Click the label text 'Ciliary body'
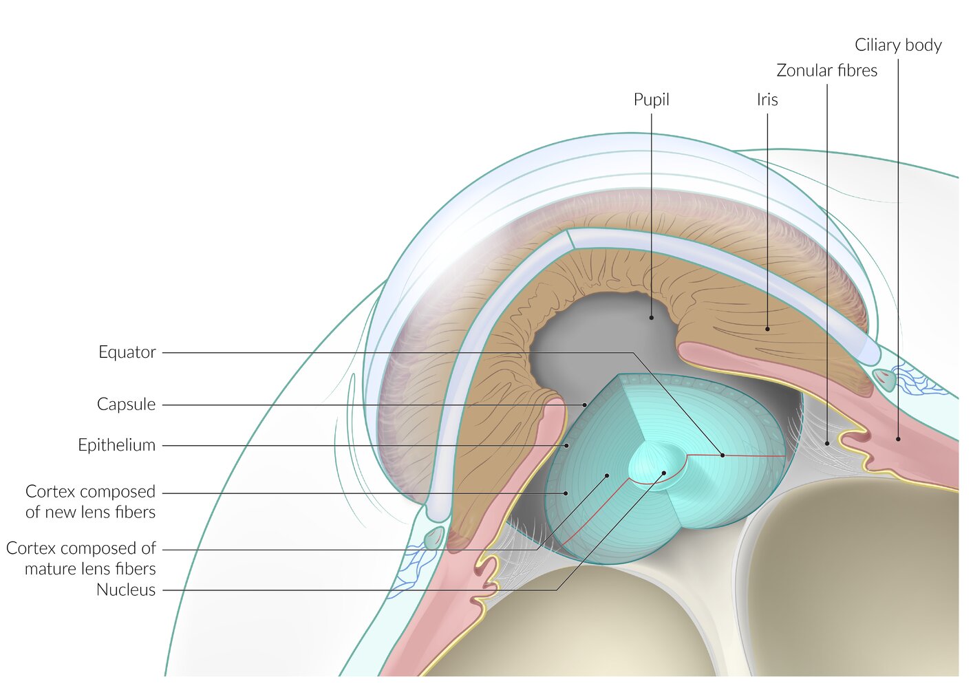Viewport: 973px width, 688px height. (x=898, y=45)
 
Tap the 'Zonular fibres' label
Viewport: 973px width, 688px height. (x=826, y=70)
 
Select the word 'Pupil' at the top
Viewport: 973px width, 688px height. (x=651, y=100)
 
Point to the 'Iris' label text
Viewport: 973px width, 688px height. (x=767, y=100)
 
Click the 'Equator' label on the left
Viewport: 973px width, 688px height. (x=127, y=352)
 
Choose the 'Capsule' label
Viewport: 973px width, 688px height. (x=126, y=405)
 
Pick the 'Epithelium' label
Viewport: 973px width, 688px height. (x=116, y=445)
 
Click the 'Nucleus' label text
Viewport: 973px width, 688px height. (x=125, y=590)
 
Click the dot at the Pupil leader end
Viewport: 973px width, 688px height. (x=651, y=318)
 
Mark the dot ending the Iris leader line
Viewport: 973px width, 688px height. (x=767, y=329)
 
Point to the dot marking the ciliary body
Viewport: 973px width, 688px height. (x=898, y=439)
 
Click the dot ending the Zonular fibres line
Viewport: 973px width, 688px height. (x=827, y=444)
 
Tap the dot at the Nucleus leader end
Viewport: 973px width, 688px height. (x=664, y=473)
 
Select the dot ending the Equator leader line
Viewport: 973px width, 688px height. (x=723, y=455)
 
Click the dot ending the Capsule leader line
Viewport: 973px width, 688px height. (x=585, y=405)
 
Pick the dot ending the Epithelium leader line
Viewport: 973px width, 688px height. (x=566, y=446)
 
